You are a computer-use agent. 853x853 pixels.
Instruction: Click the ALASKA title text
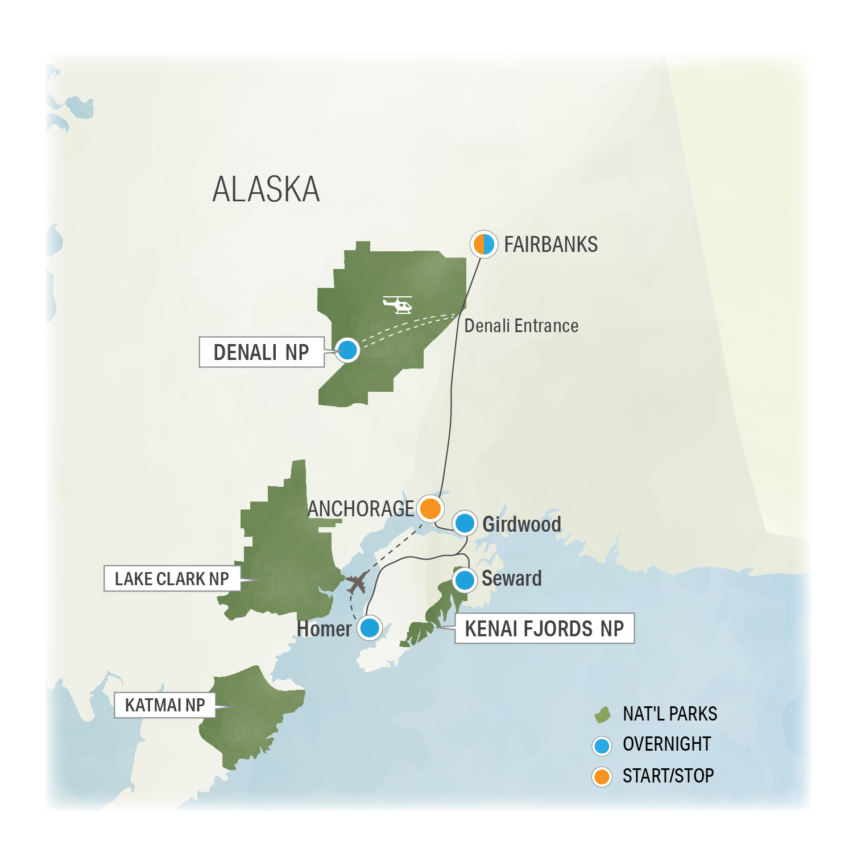(266, 189)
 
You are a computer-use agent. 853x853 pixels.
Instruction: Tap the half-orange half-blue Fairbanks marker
(484, 244)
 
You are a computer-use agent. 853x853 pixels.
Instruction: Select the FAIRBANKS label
(550, 245)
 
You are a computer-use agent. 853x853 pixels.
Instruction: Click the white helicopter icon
(398, 304)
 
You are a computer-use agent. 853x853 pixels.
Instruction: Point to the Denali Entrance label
(521, 326)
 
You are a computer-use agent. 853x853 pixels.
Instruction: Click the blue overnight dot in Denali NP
(347, 350)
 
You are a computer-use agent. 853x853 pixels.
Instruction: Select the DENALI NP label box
(261, 352)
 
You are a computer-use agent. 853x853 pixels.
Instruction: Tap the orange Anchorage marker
(430, 508)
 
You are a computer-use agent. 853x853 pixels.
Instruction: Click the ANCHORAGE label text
(361, 508)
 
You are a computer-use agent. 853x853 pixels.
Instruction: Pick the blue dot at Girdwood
(465, 523)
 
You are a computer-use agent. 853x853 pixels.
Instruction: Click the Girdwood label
(521, 524)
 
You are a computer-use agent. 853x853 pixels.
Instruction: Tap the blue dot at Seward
(465, 580)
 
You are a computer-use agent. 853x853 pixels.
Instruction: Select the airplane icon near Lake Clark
(357, 583)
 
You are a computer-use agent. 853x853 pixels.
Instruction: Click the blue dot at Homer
(370, 628)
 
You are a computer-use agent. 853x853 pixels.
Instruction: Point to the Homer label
(324, 629)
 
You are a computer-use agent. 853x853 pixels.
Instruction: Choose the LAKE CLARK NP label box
(172, 578)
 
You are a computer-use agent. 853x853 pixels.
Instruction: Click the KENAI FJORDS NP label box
(544, 628)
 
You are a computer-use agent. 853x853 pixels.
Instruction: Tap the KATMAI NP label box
(165, 705)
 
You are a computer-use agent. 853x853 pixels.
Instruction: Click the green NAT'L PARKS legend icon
(602, 714)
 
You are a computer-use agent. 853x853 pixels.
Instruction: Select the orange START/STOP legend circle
(602, 776)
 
